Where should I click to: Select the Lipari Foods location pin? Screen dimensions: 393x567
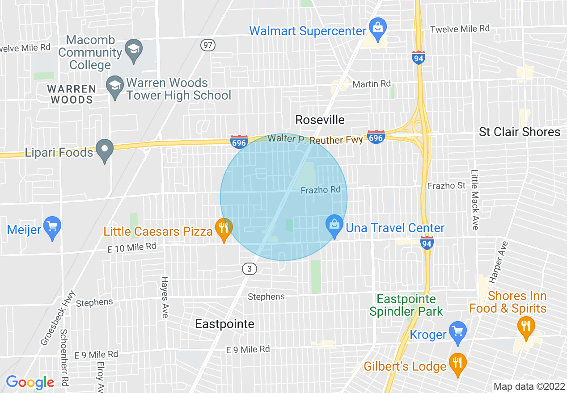[x=105, y=150]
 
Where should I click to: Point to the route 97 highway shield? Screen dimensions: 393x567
[x=207, y=45]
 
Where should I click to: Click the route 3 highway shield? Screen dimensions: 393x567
[x=250, y=268]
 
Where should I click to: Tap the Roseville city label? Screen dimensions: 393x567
[x=320, y=120]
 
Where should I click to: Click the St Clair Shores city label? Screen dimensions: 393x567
[x=519, y=132]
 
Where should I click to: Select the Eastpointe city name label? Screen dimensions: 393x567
[x=224, y=324]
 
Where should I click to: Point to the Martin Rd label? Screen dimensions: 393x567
[x=372, y=84]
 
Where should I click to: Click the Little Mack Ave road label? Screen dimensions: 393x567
[x=474, y=199]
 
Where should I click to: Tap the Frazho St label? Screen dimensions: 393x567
[x=446, y=185]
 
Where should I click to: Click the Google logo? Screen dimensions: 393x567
[x=30, y=382]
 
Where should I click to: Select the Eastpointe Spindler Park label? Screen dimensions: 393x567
[x=406, y=305]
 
